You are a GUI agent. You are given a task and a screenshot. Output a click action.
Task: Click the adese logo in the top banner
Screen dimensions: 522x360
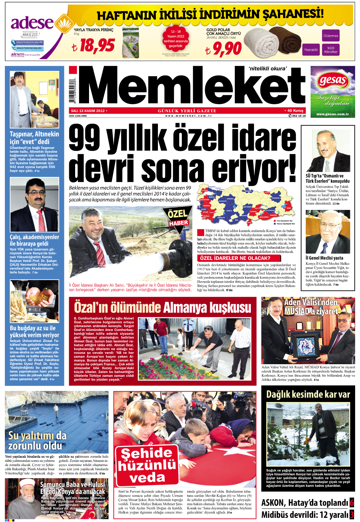[32, 23]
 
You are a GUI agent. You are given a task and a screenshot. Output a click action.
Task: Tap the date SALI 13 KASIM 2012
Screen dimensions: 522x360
[88, 111]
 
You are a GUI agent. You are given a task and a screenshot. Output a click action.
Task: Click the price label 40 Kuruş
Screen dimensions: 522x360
[295, 111]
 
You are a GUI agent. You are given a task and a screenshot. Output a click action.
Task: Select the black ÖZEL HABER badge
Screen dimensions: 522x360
[178, 217]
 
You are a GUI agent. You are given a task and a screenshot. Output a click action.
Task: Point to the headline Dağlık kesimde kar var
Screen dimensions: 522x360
[308, 394]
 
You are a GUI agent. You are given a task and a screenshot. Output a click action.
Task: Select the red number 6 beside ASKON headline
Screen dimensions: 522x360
[352, 503]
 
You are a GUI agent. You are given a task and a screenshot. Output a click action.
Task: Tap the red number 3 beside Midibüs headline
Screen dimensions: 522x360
[352, 514]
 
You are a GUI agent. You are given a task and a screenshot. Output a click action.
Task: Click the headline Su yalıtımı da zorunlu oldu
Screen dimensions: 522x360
[37, 441]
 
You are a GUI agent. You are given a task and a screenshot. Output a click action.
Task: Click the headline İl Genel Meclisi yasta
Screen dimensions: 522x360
[324, 258]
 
